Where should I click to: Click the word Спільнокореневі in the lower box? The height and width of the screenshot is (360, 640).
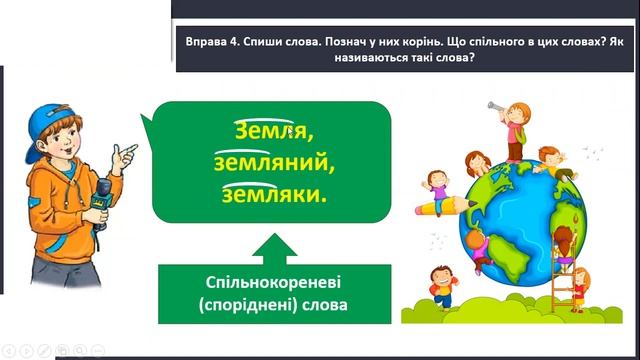coord(263,283)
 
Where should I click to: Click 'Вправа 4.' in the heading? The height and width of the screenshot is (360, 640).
coord(214,44)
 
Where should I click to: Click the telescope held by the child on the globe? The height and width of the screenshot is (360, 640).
coord(496,103)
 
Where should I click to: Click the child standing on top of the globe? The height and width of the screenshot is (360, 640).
coord(514,130)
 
